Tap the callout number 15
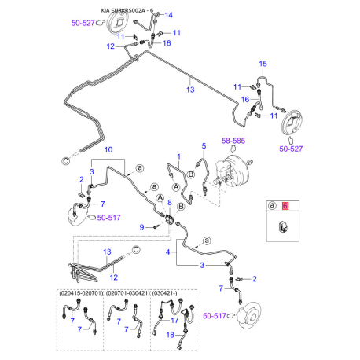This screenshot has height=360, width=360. point(264,63)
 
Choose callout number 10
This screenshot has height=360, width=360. point(108,149)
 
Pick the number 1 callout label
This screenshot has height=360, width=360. point(179,156)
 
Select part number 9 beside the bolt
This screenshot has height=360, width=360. point(142,227)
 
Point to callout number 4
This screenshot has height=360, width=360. point(167,252)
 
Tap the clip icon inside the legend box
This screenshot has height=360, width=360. point(283,228)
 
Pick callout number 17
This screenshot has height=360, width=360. point(174,321)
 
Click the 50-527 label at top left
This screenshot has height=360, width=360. point(105,23)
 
